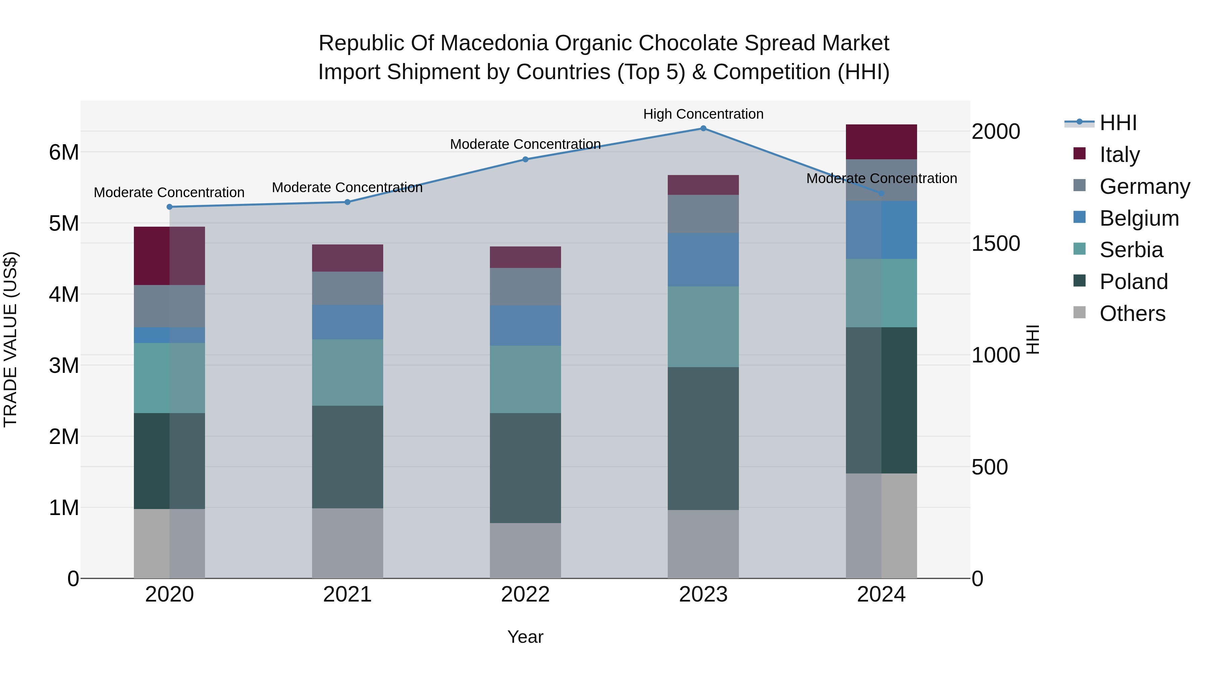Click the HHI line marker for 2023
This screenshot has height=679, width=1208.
[703, 128]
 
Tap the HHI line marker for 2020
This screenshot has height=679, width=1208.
[169, 207]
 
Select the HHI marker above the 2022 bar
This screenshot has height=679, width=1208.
[525, 159]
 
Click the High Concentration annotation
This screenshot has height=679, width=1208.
[703, 114]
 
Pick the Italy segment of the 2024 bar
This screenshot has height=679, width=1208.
[881, 142]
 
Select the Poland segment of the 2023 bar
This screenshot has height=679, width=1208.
[703, 438]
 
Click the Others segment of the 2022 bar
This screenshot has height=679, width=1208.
[525, 551]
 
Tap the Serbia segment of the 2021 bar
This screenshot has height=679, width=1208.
[348, 373]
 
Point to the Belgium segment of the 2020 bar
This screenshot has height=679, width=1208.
[169, 335]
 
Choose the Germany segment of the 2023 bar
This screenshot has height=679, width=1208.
[703, 214]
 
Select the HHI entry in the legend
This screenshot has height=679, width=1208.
[1118, 123]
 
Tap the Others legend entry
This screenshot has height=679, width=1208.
[1132, 314]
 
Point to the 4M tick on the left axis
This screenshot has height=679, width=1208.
[64, 295]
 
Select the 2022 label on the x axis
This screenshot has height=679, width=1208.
[525, 595]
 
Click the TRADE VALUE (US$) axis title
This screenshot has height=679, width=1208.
[10, 339]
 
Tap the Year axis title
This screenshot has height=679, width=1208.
[525, 637]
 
